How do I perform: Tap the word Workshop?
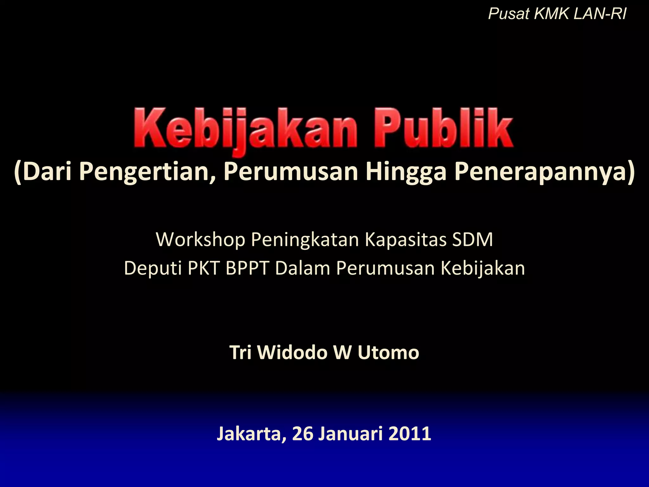pos(200,240)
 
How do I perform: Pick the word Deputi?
pos(153,268)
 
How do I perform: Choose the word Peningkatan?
pos(305,240)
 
